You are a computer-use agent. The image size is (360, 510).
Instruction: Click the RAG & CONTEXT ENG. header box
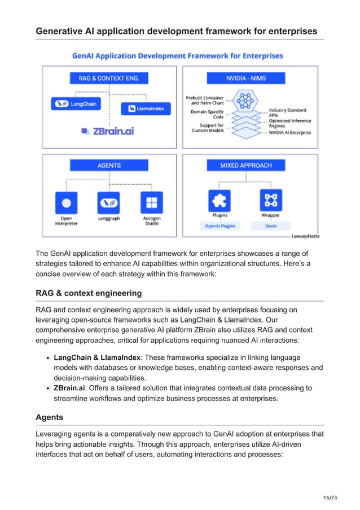[109, 78]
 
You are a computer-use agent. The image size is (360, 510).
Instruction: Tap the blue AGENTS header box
[109, 165]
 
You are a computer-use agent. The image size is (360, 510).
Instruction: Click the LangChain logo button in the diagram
[75, 104]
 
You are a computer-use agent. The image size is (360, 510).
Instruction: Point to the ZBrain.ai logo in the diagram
[108, 131]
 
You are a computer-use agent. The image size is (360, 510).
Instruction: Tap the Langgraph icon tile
[109, 202]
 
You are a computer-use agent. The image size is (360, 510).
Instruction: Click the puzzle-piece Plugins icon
[219, 200]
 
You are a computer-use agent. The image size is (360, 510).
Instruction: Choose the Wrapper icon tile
[271, 200]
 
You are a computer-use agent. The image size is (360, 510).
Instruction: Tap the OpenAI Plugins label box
[219, 226]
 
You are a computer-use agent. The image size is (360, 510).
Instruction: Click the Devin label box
[271, 226]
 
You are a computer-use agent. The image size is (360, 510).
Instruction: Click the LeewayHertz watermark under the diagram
[305, 237]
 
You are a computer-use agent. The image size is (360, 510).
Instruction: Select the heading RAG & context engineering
[89, 293]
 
